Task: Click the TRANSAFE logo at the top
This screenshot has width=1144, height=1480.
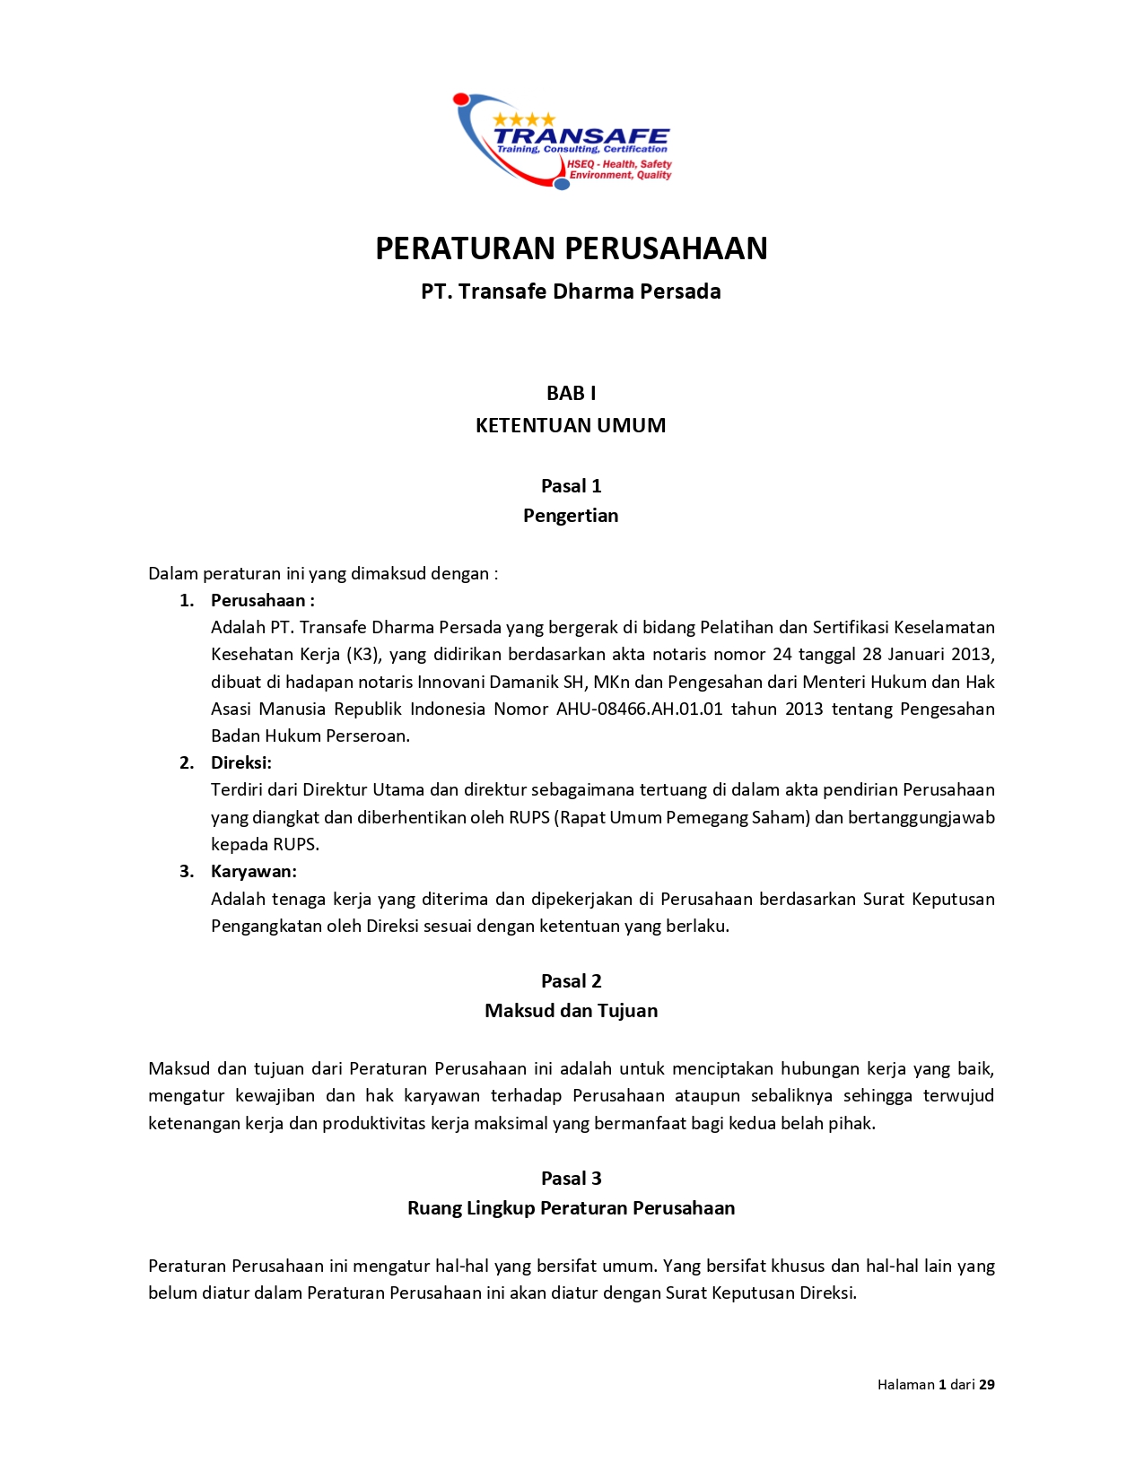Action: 563,141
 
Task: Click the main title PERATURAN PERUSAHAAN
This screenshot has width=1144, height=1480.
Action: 571,248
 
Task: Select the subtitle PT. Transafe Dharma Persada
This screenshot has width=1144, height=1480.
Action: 571,292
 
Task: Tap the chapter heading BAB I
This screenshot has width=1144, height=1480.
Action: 571,393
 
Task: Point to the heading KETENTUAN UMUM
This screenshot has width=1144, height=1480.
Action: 571,425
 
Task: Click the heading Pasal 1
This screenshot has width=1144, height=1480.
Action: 571,486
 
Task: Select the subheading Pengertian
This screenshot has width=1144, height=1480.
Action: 571,516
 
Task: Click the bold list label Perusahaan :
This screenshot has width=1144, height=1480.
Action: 262,601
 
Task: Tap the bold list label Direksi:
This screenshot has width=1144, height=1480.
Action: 240,763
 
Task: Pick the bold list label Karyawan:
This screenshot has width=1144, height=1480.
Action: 253,872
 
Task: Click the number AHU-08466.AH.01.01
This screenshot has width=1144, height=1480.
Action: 639,710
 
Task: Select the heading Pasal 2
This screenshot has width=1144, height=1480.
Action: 571,981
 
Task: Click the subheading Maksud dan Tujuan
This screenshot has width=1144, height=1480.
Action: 571,1011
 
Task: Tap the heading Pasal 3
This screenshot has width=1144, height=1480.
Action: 571,1179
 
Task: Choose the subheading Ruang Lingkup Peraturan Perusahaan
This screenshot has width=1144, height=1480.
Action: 571,1208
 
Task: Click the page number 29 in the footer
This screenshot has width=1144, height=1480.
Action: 986,1385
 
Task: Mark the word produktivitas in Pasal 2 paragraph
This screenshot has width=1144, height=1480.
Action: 374,1124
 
